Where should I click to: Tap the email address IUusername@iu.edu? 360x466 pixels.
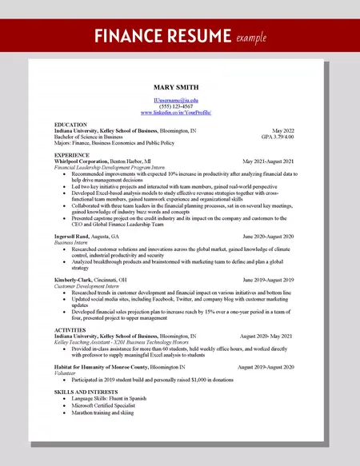(176, 100)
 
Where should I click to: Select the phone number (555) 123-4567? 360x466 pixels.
(176, 106)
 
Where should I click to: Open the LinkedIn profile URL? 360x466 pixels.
(176, 113)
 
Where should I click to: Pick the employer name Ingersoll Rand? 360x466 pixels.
(75, 237)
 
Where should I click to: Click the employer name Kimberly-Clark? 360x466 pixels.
(75, 280)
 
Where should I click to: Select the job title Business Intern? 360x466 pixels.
(71, 243)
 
